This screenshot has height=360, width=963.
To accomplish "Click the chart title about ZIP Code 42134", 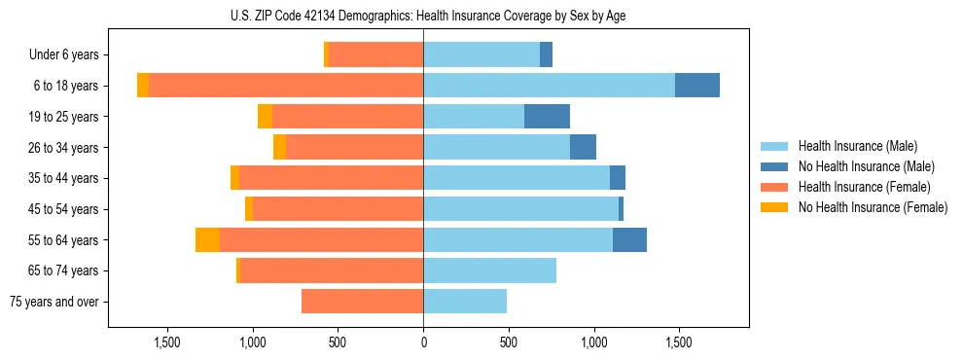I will pos(423,16).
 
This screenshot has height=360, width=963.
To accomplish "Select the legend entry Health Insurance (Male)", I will pos(857,146).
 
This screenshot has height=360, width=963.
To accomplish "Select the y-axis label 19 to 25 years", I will pos(64,117).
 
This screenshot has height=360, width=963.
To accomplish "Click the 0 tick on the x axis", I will pos(423,342).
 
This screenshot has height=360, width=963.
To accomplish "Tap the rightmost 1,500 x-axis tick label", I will pos(678,342).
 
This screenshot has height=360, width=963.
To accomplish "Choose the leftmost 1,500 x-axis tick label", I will pos(167,342).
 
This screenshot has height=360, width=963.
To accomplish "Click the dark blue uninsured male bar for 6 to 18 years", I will pos(697,86).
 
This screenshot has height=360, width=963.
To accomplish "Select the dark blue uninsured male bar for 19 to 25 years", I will pos(547,117).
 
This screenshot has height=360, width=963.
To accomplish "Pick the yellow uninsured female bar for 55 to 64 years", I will pos(207,239).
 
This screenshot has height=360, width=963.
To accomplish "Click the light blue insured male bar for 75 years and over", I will pos(465,302).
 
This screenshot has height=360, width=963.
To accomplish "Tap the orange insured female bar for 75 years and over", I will pos(362,302).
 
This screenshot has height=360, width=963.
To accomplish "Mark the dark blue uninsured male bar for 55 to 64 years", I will pos(629,239).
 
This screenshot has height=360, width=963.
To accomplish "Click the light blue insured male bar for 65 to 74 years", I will pos(489,270).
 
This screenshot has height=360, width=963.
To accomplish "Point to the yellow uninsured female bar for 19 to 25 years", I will pos(265,117).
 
